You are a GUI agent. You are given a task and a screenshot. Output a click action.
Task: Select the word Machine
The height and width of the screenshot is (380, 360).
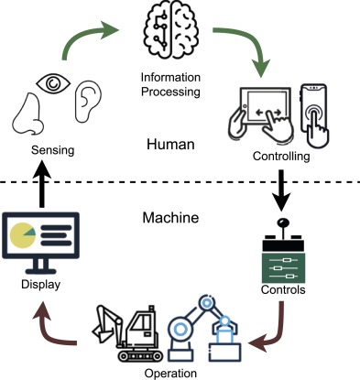click(x=170, y=218)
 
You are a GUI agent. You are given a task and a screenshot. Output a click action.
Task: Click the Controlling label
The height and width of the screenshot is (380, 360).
click(x=281, y=157)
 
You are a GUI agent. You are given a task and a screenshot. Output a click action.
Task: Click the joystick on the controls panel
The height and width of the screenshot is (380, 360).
click(x=282, y=226)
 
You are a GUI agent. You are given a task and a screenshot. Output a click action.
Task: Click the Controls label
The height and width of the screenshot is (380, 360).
click(x=282, y=290)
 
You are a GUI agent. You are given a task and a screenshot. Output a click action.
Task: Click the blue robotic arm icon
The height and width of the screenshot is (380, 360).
click(x=204, y=325)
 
